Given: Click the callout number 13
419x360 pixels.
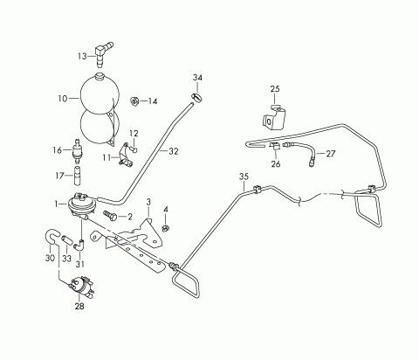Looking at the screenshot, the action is tap(82, 56).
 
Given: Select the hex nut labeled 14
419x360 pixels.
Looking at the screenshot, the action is tap(134, 100).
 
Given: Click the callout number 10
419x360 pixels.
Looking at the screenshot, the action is tap(63, 99).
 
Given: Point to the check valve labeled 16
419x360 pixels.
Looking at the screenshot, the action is tap(77, 151).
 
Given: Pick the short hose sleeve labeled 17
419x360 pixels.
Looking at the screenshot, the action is tap(77, 175).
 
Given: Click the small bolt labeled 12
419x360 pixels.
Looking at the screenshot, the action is tap(134, 149).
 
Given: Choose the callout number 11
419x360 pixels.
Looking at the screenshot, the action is tap(106, 157).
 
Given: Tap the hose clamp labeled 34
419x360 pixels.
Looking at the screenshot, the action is tap(197, 97).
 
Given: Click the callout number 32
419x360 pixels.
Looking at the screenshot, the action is tap(173, 151).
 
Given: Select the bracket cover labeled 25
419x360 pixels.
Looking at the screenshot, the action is tap(274, 118).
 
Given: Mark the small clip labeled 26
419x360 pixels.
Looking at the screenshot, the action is tap(274, 146).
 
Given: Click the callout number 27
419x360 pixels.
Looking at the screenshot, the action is tap(331, 154).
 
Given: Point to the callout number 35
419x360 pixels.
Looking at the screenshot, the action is tap(244, 177).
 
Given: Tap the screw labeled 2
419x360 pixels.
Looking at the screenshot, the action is tap(110, 215).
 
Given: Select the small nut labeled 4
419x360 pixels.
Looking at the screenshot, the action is tap(166, 228).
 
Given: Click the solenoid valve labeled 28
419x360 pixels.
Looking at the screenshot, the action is tap(82, 287).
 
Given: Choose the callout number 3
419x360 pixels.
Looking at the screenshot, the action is tap(148, 202).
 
